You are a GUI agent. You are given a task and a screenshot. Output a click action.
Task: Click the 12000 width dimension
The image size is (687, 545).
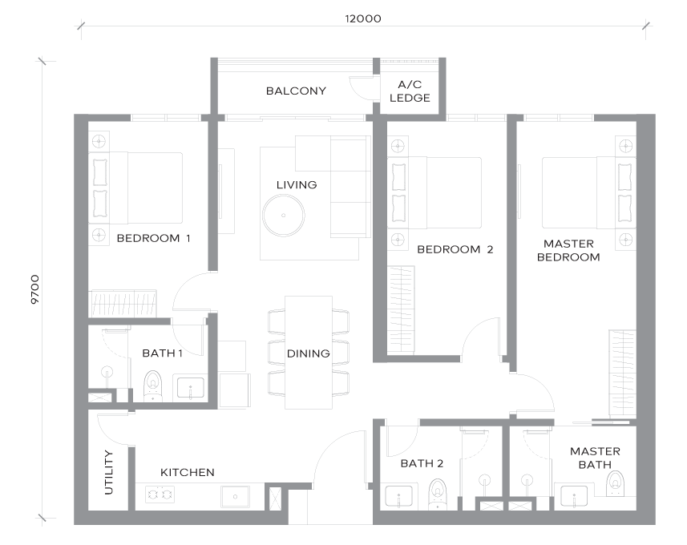coord(363,19)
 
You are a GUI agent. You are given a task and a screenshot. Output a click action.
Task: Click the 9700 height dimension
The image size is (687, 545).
coord(35,289)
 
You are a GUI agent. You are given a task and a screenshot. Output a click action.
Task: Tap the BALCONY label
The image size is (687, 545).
coord(296,91)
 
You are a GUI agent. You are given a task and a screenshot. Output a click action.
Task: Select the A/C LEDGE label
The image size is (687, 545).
coord(410,91)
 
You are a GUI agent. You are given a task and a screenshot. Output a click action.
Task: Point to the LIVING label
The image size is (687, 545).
coord(297,185)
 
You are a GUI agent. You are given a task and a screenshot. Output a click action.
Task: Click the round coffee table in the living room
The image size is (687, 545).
coord(284,216)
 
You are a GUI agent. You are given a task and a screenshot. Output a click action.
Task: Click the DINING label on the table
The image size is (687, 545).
coord(309,353)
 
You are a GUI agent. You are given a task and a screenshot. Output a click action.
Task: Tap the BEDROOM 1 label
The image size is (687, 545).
coord(153,238)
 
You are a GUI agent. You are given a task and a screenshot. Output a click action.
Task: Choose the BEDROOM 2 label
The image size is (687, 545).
coord(455,250)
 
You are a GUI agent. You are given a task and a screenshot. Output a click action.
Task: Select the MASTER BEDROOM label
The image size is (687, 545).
coord(568,250)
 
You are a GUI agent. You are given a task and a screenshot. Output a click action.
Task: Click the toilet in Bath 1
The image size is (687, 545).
coord(153,386)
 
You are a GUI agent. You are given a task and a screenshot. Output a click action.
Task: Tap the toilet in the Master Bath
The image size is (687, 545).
coord(615,483)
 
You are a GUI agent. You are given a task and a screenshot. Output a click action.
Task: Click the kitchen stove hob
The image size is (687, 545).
coord(160,495)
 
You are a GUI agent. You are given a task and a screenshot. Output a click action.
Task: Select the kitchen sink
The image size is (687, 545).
coord(236,497)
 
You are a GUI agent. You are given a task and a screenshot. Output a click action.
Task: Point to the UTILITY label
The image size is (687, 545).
coord(109,472)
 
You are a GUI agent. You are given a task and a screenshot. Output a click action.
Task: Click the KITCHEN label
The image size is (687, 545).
coord(188,473)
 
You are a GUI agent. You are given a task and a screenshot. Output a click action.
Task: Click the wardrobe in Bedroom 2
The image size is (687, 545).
coord(401,309)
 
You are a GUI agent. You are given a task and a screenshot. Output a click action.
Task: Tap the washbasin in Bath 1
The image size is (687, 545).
coord(190,387)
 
